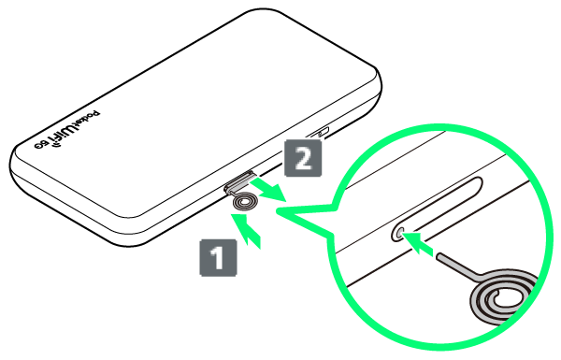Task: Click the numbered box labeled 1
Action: click(218, 258)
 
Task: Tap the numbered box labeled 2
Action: click(303, 158)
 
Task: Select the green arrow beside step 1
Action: click(247, 229)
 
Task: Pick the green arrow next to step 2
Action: click(269, 190)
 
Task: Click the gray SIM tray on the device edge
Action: click(239, 181)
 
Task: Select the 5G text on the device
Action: click(41, 145)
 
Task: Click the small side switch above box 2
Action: click(320, 133)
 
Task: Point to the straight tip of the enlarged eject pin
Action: click(439, 256)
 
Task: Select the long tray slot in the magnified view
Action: click(437, 209)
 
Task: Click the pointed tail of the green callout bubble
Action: click(277, 212)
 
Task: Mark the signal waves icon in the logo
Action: click(55, 145)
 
